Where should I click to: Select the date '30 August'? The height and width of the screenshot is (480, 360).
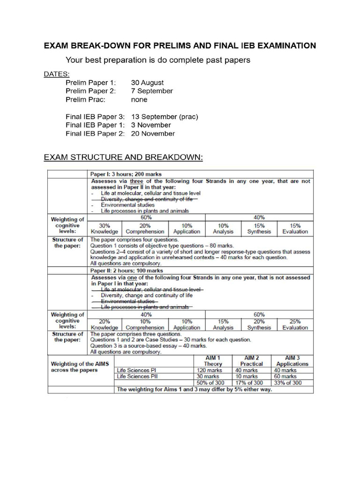pos(147,82)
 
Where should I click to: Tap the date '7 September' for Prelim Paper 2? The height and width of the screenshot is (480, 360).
pos(152,91)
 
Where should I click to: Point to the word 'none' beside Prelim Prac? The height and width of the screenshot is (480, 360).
pos(139,99)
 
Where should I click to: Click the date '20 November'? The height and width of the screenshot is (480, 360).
pos(153,134)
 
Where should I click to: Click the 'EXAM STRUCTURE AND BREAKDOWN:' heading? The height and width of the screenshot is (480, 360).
pos(123,157)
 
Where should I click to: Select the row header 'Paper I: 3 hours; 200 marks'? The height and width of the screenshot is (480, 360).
pos(127,174)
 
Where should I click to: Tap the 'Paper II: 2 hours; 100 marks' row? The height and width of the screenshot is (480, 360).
pos(127,270)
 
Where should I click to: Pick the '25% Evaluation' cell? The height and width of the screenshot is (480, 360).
pos(295,324)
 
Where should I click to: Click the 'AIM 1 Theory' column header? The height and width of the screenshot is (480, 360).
pos(213,360)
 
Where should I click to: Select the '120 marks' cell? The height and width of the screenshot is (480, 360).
pos(208,370)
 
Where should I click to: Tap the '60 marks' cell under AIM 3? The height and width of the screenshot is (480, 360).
pos(285,376)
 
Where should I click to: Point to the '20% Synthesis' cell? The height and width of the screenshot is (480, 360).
pos(259,324)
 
